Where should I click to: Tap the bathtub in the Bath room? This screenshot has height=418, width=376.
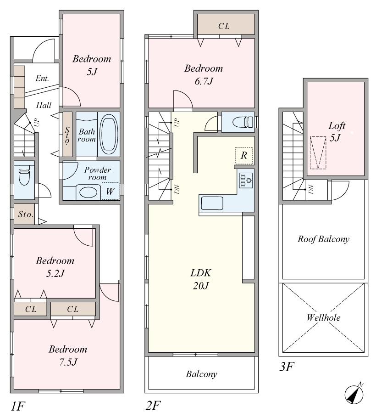pyautogui.click(x=108, y=135)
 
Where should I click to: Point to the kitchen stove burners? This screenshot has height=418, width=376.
pyautogui.click(x=246, y=180)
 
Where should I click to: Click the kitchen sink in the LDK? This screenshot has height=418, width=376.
pyautogui.click(x=211, y=203)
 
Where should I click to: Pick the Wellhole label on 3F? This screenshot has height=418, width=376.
pyautogui.click(x=324, y=317)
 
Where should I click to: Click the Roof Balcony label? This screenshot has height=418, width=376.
pyautogui.click(x=324, y=239)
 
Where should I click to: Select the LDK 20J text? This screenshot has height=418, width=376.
pyautogui.click(x=200, y=278)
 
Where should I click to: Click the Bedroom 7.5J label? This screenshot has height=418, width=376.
pyautogui.click(x=68, y=355)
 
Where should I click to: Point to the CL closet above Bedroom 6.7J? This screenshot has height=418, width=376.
pyautogui.click(x=224, y=26)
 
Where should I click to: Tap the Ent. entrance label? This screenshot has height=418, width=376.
pyautogui.click(x=42, y=79)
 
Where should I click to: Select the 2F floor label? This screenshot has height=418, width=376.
pyautogui.click(x=154, y=406)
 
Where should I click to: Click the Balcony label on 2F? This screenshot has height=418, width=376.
pyautogui.click(x=201, y=374)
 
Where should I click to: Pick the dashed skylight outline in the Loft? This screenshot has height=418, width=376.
pyautogui.click(x=317, y=153)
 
